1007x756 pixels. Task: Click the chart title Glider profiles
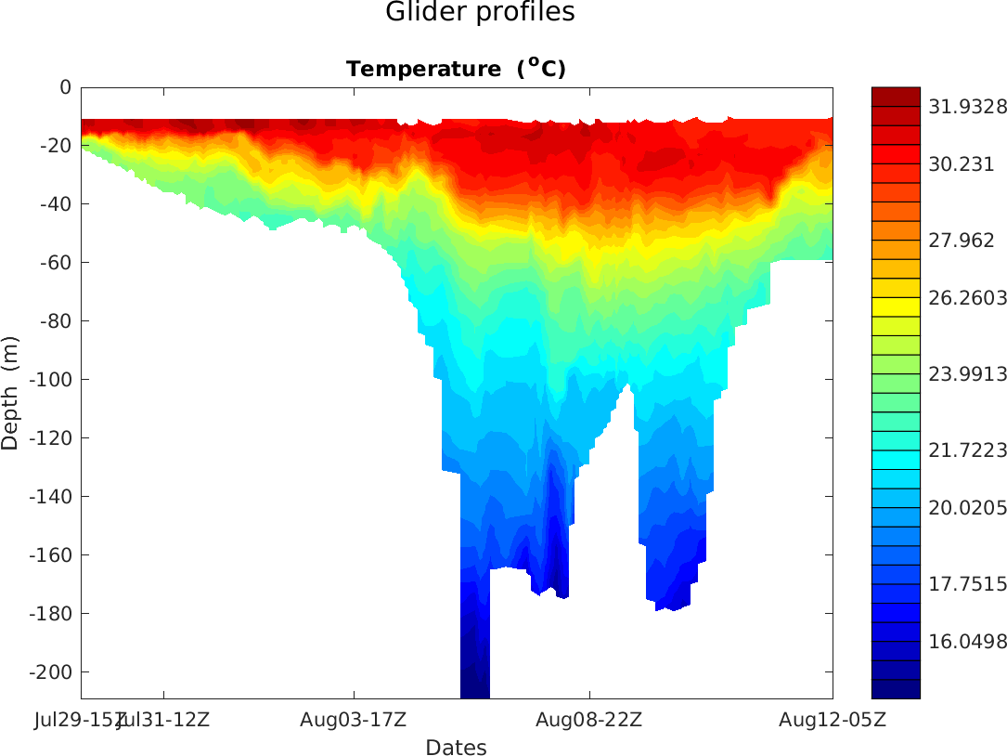[x=480, y=13]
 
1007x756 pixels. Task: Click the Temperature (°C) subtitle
[x=456, y=69]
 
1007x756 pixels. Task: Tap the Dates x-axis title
[x=456, y=748]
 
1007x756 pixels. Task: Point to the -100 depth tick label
[x=50, y=380]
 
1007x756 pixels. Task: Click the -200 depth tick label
[x=50, y=672]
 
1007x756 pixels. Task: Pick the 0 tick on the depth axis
[x=65, y=87]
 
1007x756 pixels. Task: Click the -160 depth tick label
[x=50, y=555]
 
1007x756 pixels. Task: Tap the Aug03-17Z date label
[x=354, y=719]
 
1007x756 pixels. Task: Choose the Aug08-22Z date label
[x=589, y=719]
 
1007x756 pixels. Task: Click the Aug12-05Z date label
[x=832, y=719]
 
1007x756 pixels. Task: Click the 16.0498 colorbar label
[x=967, y=643]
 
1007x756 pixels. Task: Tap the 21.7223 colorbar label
[x=967, y=450]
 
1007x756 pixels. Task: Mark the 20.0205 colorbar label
[x=967, y=508]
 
